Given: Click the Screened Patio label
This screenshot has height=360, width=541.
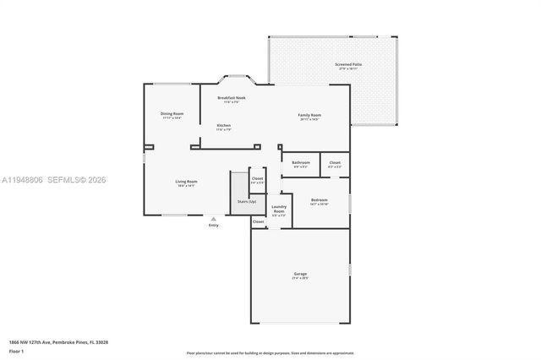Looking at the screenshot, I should click(348, 64).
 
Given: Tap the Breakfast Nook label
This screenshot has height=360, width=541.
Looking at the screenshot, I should click(231, 98).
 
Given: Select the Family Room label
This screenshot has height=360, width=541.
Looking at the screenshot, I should click(309, 115).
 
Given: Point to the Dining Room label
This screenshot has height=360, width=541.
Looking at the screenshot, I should click(172, 114).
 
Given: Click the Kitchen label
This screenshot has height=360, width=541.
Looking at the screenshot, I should click(223, 126).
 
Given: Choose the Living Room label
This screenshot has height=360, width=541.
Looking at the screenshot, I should click(186, 182).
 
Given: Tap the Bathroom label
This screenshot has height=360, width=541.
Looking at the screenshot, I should click(301, 162).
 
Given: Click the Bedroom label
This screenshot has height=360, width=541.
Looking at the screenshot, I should click(319, 200).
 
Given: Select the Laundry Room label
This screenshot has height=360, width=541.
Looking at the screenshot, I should click(279, 209).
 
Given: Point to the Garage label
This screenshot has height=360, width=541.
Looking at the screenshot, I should click(300, 274).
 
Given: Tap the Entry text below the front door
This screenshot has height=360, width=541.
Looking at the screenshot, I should click(213, 226).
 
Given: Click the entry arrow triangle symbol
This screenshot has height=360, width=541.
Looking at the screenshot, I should click(213, 219).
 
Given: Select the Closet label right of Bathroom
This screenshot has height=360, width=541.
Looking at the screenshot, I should click(335, 162).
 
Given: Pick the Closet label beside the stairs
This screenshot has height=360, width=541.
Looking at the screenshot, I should click(257, 178).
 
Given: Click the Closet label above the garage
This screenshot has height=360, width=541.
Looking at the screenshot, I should click(258, 221).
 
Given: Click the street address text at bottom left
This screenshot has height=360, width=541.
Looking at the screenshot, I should click(58, 342).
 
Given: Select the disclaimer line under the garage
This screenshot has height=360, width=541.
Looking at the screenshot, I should click(270, 352).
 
